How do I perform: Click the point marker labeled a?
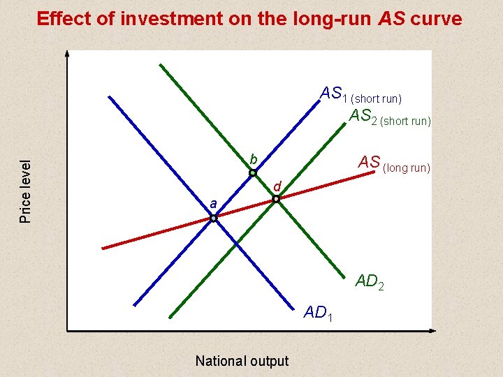214,218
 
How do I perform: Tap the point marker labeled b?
253,172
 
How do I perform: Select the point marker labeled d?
276,199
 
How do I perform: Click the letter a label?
213,204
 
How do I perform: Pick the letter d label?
277,186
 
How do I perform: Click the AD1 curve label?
318,313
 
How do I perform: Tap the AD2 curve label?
370,282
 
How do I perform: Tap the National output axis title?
242,361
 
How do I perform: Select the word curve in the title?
437,19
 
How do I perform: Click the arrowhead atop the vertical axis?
67,54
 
